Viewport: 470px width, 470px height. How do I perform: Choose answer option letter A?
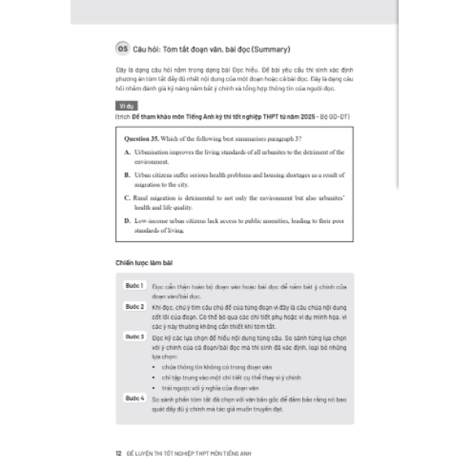pyautogui.click(x=127, y=150)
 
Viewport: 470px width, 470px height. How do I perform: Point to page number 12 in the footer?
pyautogui.click(x=118, y=451)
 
